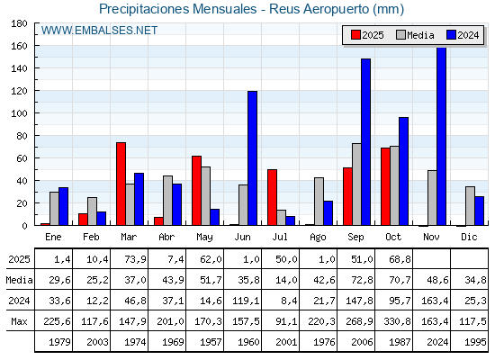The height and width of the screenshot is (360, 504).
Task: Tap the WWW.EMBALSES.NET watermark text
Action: (99, 31)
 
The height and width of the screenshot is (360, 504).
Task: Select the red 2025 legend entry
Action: (367, 35)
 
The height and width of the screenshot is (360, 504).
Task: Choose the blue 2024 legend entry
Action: (463, 35)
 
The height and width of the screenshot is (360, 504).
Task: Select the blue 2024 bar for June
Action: (252, 158)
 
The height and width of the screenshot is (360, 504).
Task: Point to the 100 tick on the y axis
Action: (20, 113)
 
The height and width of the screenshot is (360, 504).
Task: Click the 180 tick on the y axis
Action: (20, 23)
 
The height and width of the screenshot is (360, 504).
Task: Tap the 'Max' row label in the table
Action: (17, 321)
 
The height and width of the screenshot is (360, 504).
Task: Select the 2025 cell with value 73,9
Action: (130, 259)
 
